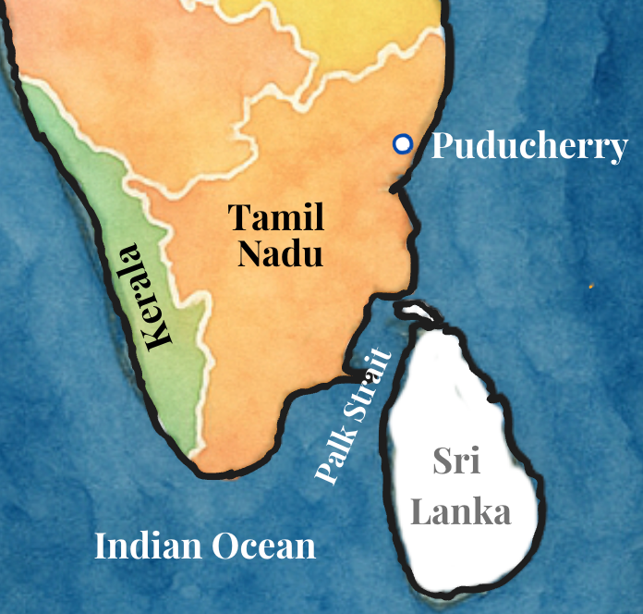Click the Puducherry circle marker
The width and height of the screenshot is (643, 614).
(x=402, y=143)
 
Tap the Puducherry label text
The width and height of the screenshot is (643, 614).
(x=529, y=146)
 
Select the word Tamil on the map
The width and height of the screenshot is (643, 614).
(x=276, y=218)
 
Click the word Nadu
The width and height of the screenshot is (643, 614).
(x=280, y=252)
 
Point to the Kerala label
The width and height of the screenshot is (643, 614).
(x=143, y=295)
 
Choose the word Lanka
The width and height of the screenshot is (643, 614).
(x=460, y=511)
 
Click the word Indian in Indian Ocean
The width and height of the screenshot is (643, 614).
(x=148, y=546)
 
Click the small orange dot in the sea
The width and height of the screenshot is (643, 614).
(x=591, y=286)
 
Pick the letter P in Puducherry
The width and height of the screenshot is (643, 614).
(x=442, y=146)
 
